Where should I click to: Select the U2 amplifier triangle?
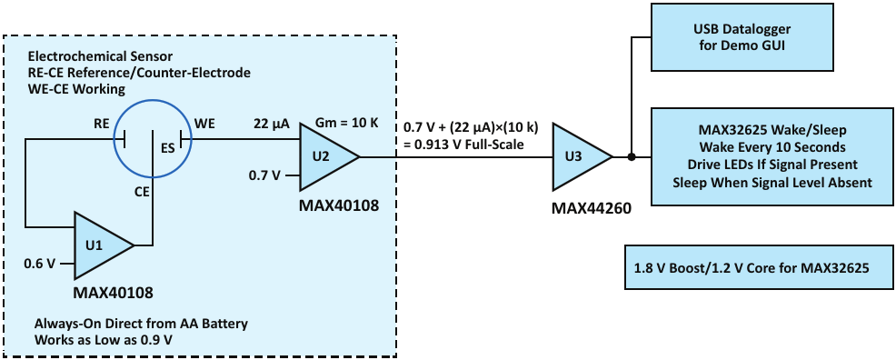pyautogui.click(x=325, y=156)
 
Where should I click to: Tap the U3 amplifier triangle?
pyautogui.click(x=579, y=156)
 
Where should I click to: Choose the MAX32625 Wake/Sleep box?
pyautogui.click(x=772, y=156)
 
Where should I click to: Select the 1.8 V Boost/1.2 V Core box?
pyautogui.click(x=759, y=267)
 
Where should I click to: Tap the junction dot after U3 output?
pyautogui.click(x=632, y=156)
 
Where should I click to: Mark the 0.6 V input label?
pyautogui.click(x=39, y=264)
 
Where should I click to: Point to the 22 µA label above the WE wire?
pyautogui.click(x=265, y=123)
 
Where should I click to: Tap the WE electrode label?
pyautogui.click(x=204, y=123)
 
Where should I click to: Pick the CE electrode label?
pyautogui.click(x=143, y=193)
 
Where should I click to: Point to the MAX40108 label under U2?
pyautogui.click(x=338, y=205)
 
